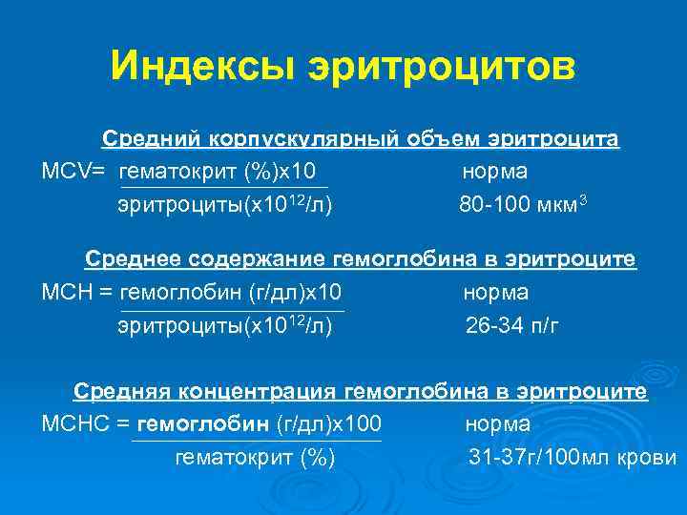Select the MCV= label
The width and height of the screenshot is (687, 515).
point(73,173)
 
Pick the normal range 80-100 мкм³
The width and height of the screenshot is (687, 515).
point(515,204)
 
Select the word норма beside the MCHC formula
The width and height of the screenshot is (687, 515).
point(498,422)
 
